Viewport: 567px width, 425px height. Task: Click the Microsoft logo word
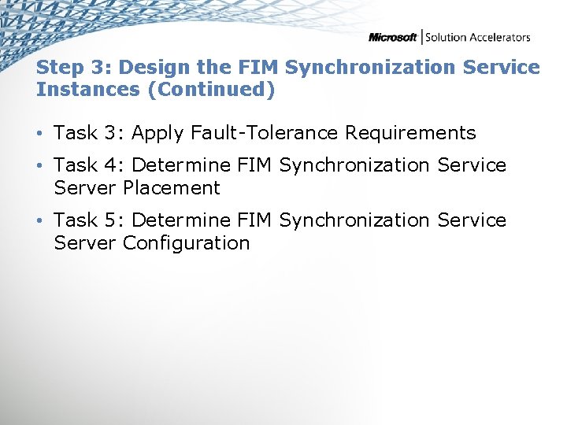tap(392, 37)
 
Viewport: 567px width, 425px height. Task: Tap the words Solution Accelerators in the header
tap(477, 37)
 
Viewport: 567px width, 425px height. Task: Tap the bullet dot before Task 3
tap(41, 134)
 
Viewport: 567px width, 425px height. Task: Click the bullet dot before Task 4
tap(41, 166)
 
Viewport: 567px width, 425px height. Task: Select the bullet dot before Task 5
tap(41, 221)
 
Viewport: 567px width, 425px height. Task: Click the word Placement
tap(172, 188)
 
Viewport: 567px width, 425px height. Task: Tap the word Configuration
tap(186, 243)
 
